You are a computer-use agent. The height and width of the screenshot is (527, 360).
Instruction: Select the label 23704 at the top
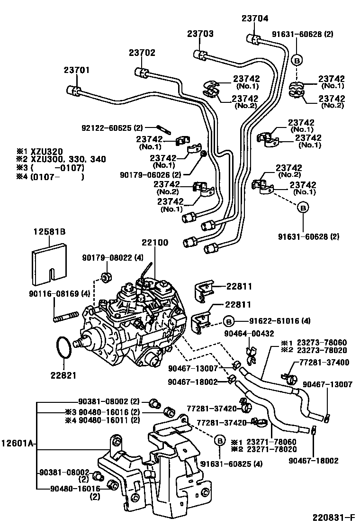[x=254, y=19]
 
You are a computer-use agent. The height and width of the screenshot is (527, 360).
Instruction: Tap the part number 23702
[x=142, y=54]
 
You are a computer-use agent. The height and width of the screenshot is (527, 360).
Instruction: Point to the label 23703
[x=200, y=34]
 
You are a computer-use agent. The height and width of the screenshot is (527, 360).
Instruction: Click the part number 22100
[x=154, y=243]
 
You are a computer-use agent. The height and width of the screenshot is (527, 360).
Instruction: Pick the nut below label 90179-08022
[x=107, y=276]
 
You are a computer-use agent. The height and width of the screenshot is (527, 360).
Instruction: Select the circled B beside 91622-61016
[x=228, y=321]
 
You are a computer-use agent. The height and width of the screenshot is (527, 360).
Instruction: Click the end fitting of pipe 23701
[x=72, y=90]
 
